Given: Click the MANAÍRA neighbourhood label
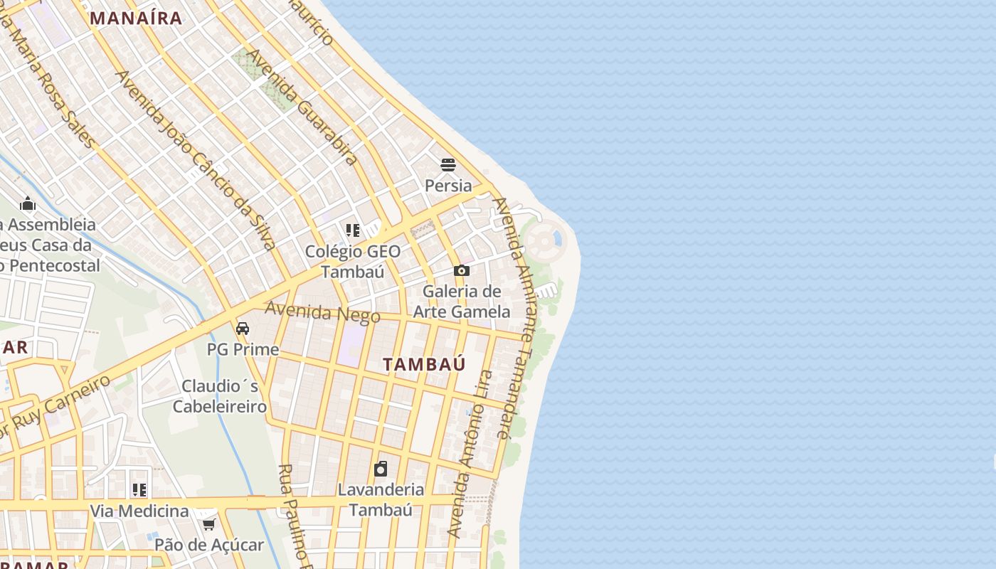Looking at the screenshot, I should (137, 18).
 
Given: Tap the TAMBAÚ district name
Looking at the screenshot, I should (424, 364).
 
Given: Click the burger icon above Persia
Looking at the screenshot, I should (448, 166).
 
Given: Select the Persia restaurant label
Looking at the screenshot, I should (448, 186).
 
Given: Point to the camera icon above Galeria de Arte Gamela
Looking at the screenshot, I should (462, 271).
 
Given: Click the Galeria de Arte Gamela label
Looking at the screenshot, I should (462, 302).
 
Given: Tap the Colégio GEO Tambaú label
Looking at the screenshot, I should (353, 262).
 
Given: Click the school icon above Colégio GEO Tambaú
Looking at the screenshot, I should (353, 230).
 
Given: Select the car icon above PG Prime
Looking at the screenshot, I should (243, 329).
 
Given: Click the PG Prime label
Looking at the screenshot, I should (243, 349).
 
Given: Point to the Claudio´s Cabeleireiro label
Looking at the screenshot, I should (220, 396).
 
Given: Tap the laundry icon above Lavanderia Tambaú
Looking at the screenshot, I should (381, 469).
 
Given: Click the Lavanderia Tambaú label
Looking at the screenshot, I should (381, 499).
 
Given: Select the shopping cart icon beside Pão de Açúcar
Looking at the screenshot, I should (208, 525).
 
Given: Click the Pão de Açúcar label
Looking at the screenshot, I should (209, 546).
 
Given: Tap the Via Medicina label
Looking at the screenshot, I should (139, 511).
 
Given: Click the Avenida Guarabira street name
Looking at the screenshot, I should (302, 107).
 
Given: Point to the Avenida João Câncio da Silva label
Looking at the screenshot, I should (195, 160).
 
